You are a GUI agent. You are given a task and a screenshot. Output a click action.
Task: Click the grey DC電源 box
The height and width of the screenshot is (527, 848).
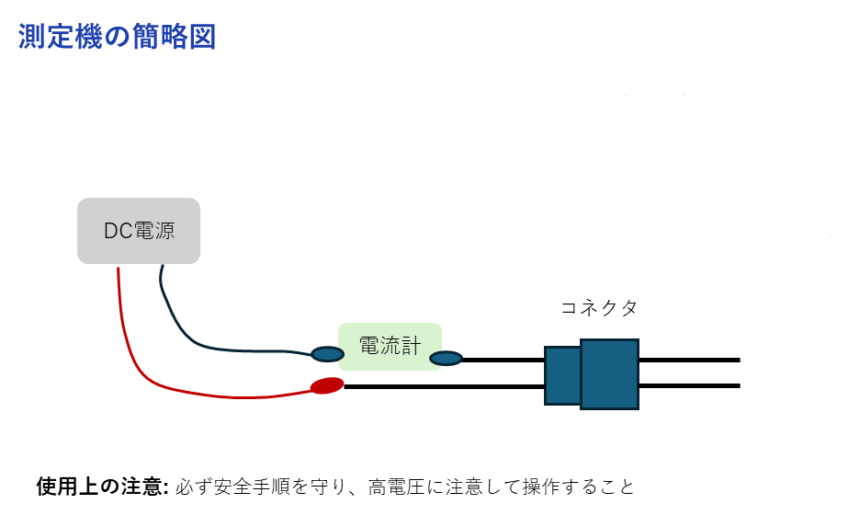139,231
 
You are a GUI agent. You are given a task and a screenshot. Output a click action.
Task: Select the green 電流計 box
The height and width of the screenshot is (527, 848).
390,347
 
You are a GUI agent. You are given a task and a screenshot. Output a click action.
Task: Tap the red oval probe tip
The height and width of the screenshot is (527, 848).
327,385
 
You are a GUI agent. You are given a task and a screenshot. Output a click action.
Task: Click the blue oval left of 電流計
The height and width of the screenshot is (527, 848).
328,354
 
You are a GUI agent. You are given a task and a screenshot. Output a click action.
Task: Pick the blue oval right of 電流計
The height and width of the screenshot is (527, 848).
447,358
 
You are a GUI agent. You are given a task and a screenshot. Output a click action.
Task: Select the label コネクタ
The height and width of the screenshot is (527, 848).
599,307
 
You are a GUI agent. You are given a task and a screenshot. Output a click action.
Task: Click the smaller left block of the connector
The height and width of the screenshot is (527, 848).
562,375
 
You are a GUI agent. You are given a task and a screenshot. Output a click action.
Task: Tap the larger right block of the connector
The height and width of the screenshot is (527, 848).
609,373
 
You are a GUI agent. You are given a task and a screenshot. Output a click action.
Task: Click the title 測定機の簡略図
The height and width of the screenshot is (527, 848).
118,36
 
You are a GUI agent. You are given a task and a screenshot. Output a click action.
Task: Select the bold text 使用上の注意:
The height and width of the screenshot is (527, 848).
103,487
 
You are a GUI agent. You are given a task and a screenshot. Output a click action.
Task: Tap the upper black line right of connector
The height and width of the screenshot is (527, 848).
690,360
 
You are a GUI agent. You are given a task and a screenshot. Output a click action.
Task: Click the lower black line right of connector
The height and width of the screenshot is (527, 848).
690,385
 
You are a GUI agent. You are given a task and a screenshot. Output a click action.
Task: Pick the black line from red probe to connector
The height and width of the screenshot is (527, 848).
444,386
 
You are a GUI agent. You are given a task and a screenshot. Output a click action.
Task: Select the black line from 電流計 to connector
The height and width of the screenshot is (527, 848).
503,359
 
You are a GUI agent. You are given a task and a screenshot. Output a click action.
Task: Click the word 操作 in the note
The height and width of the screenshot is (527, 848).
541,487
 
